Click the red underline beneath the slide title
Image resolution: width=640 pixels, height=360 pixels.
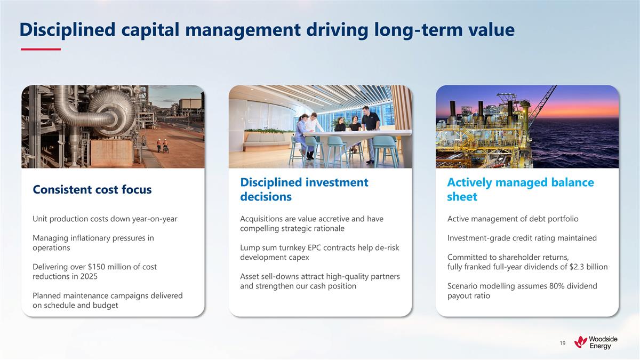click(40, 50)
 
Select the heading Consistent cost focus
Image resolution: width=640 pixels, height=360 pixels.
click(92, 189)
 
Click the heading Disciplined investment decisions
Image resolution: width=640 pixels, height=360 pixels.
click(304, 189)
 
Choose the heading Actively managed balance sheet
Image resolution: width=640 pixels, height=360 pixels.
click(520, 189)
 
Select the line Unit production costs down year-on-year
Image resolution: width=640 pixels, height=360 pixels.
click(105, 219)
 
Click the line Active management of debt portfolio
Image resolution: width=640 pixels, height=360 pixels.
click(513, 219)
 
